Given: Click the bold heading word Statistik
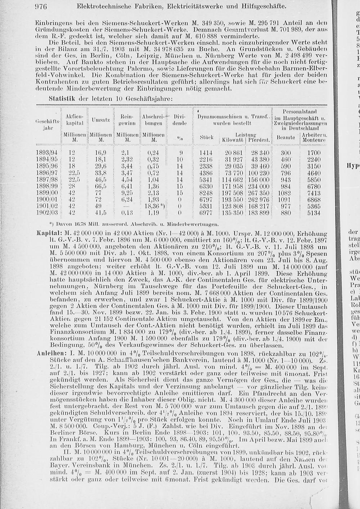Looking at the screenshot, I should tap(62, 98).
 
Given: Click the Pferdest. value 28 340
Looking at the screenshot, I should tap(260, 153).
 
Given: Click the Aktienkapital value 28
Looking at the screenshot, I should tap(72, 186).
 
